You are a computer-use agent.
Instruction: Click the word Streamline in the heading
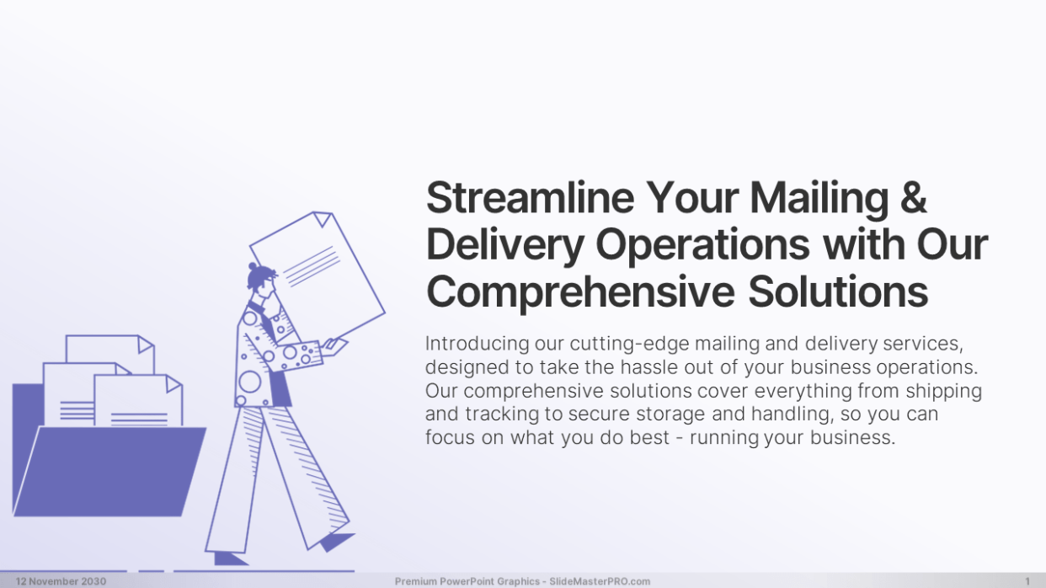(x=530, y=198)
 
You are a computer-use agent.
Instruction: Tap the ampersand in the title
(x=914, y=198)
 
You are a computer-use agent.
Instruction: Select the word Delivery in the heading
(x=504, y=246)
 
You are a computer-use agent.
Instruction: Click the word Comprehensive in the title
(x=580, y=293)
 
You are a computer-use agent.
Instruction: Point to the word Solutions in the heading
(x=838, y=291)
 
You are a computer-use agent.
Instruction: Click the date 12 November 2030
(x=61, y=581)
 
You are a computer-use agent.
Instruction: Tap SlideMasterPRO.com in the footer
(x=600, y=581)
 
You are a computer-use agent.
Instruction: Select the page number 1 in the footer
(x=1027, y=581)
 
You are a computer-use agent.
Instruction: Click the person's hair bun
(x=253, y=266)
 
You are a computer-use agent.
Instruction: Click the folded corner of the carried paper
(x=323, y=217)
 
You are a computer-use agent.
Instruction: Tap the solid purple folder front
(x=109, y=472)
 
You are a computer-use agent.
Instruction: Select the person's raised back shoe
(x=336, y=542)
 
